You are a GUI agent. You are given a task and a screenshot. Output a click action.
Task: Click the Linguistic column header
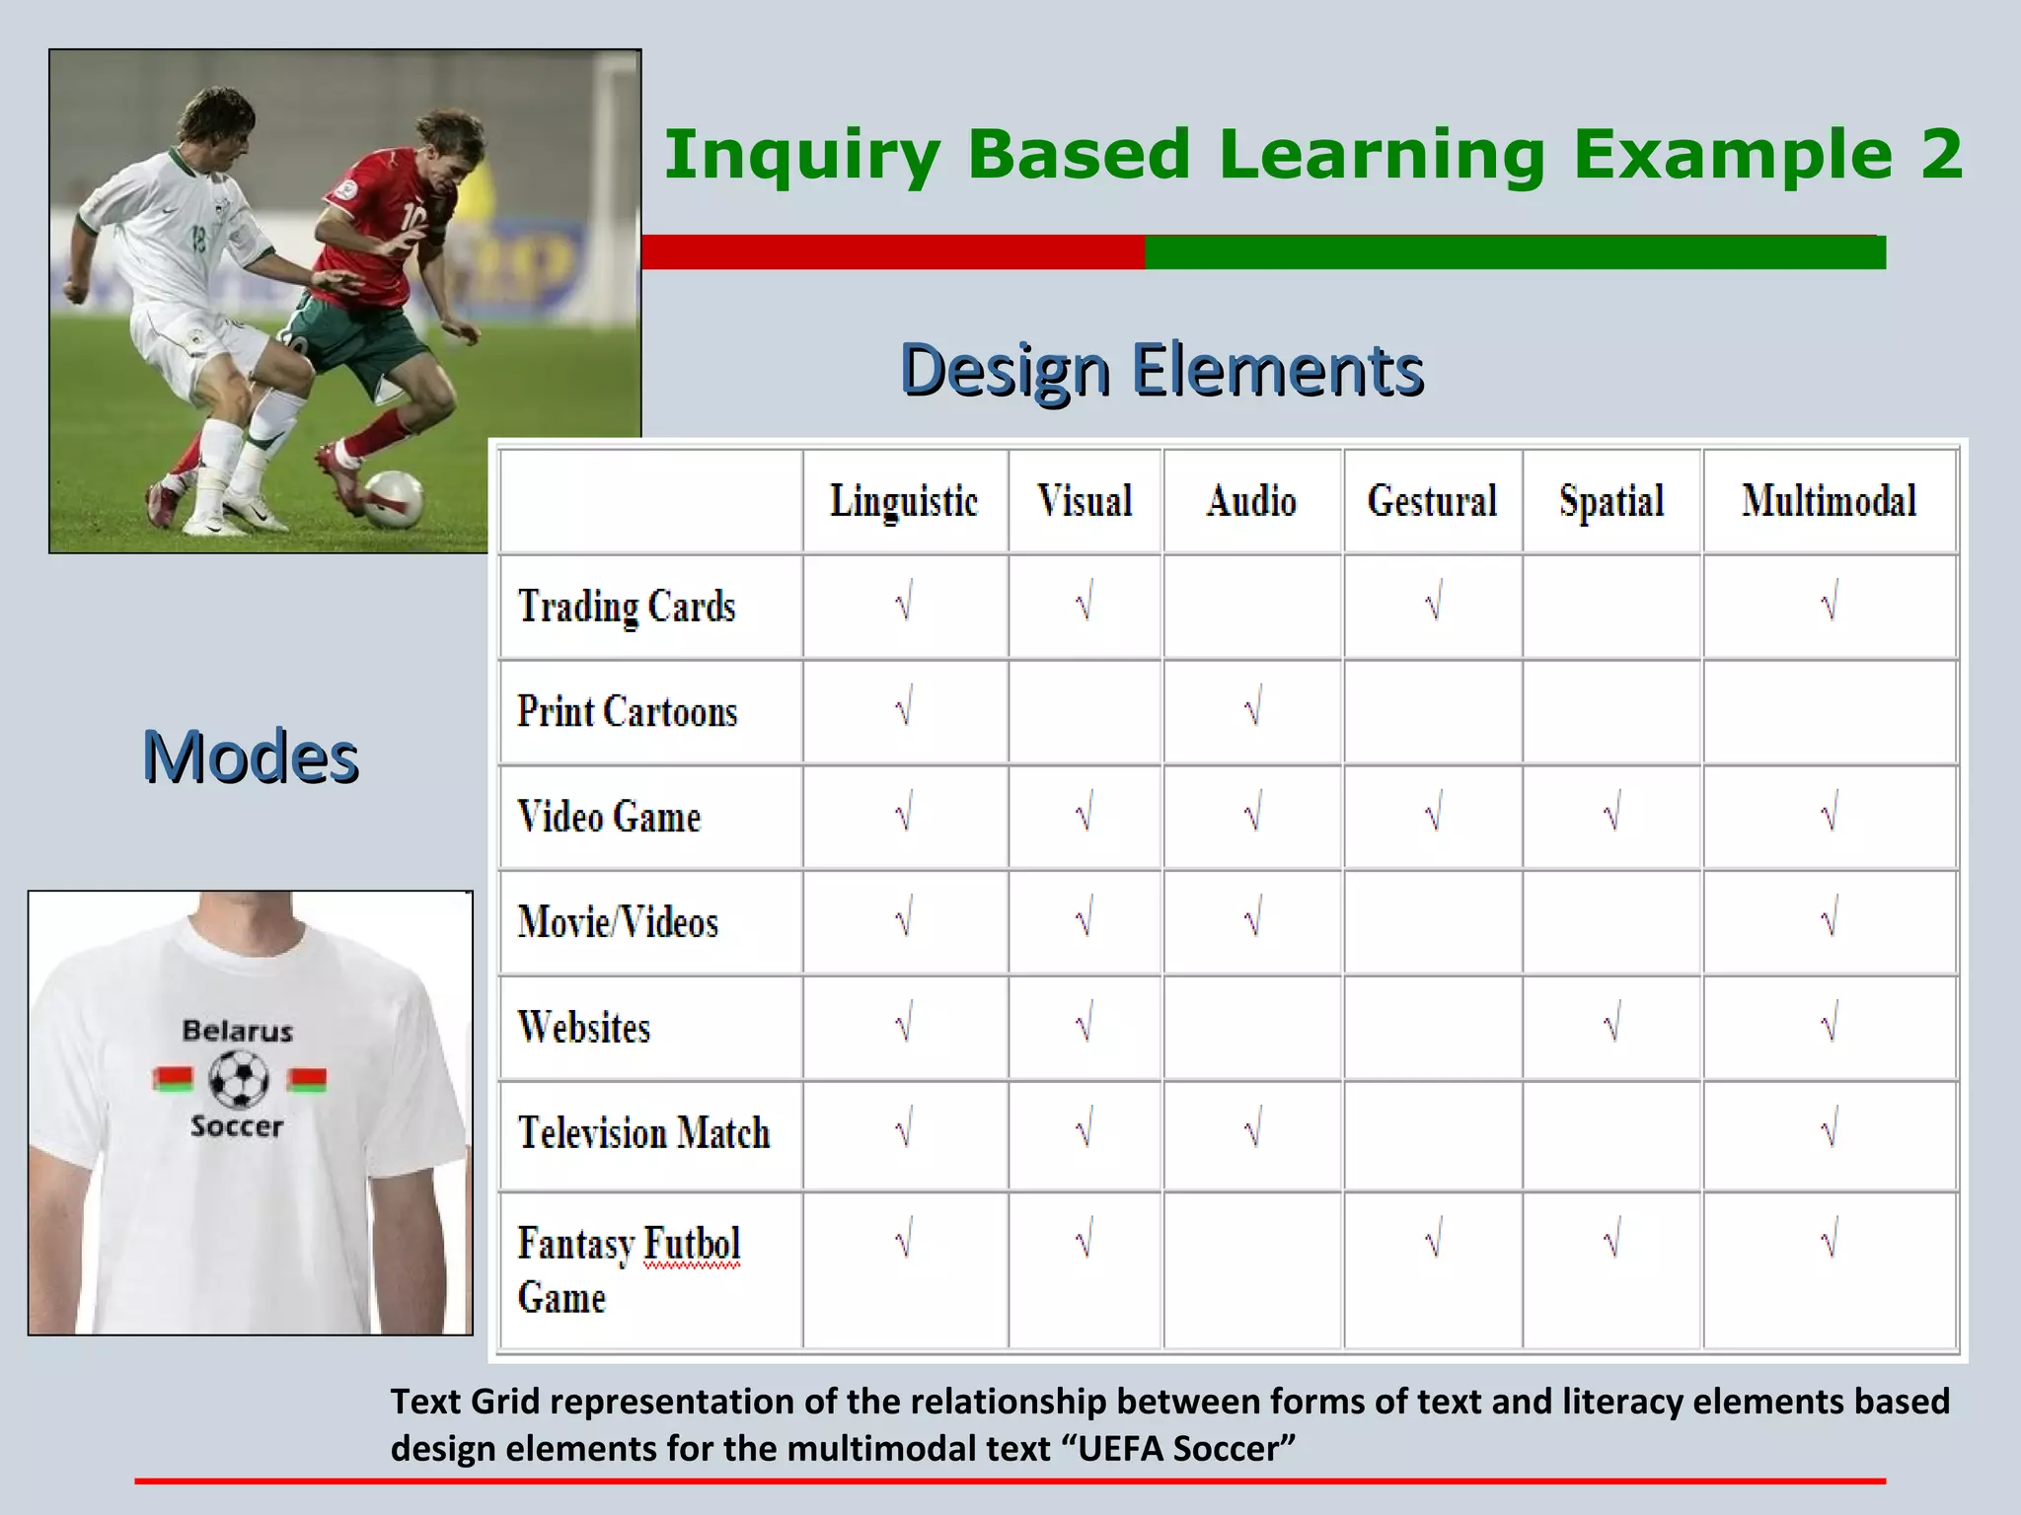coord(904,501)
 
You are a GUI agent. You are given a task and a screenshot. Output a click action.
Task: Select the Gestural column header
coord(1432,501)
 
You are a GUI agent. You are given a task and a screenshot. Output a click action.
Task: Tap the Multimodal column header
coord(1829,501)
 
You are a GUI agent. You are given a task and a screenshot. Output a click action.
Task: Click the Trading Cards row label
coord(628,607)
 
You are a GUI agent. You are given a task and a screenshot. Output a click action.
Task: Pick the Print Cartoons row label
coord(628,712)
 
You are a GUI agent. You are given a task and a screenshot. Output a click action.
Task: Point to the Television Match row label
coord(643,1133)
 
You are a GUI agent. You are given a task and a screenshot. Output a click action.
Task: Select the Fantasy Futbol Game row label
coord(629,1270)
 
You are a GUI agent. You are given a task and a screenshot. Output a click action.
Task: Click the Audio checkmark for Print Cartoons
coord(1252,708)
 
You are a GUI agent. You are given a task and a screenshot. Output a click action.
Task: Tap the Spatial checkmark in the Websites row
coord(1611,1025)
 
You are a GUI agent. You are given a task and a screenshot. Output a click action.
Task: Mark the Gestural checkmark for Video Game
coord(1433,814)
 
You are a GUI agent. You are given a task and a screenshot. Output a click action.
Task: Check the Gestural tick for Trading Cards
coord(1433,602)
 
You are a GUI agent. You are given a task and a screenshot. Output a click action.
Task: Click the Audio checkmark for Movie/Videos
coord(1252,919)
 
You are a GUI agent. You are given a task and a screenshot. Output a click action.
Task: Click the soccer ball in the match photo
coord(393,498)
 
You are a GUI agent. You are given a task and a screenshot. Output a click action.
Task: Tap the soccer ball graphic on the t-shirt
coord(239,1079)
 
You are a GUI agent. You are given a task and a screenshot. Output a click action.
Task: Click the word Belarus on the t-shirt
coord(238,1032)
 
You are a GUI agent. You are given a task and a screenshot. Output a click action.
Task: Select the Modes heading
coord(251,757)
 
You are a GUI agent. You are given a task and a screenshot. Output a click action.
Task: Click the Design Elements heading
coord(1161,370)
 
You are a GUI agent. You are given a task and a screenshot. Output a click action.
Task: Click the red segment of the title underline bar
coord(893,252)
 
